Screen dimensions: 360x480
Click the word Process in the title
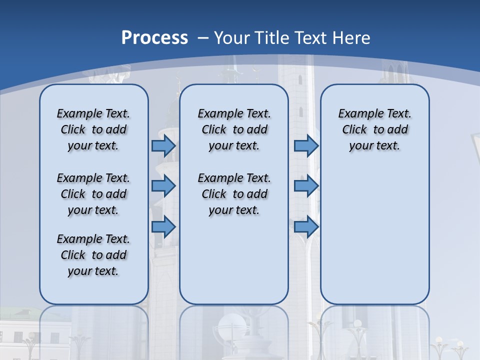(154, 37)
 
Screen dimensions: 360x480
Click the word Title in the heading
(273, 38)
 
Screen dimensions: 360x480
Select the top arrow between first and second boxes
(163, 145)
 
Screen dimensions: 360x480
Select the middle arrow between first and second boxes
(163, 186)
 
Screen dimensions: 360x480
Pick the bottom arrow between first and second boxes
(163, 226)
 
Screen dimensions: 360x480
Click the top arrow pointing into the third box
(306, 145)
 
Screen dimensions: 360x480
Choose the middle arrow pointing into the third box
(306, 186)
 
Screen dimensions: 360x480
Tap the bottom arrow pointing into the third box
(306, 226)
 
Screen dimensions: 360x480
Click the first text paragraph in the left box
(93, 129)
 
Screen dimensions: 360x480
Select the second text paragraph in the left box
(93, 194)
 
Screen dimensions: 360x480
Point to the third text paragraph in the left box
(93, 255)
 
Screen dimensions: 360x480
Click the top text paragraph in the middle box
(234, 129)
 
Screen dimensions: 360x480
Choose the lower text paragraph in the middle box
(234, 194)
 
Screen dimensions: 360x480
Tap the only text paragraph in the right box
(374, 129)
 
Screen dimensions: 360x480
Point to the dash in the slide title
(203, 38)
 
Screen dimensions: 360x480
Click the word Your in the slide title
(231, 38)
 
